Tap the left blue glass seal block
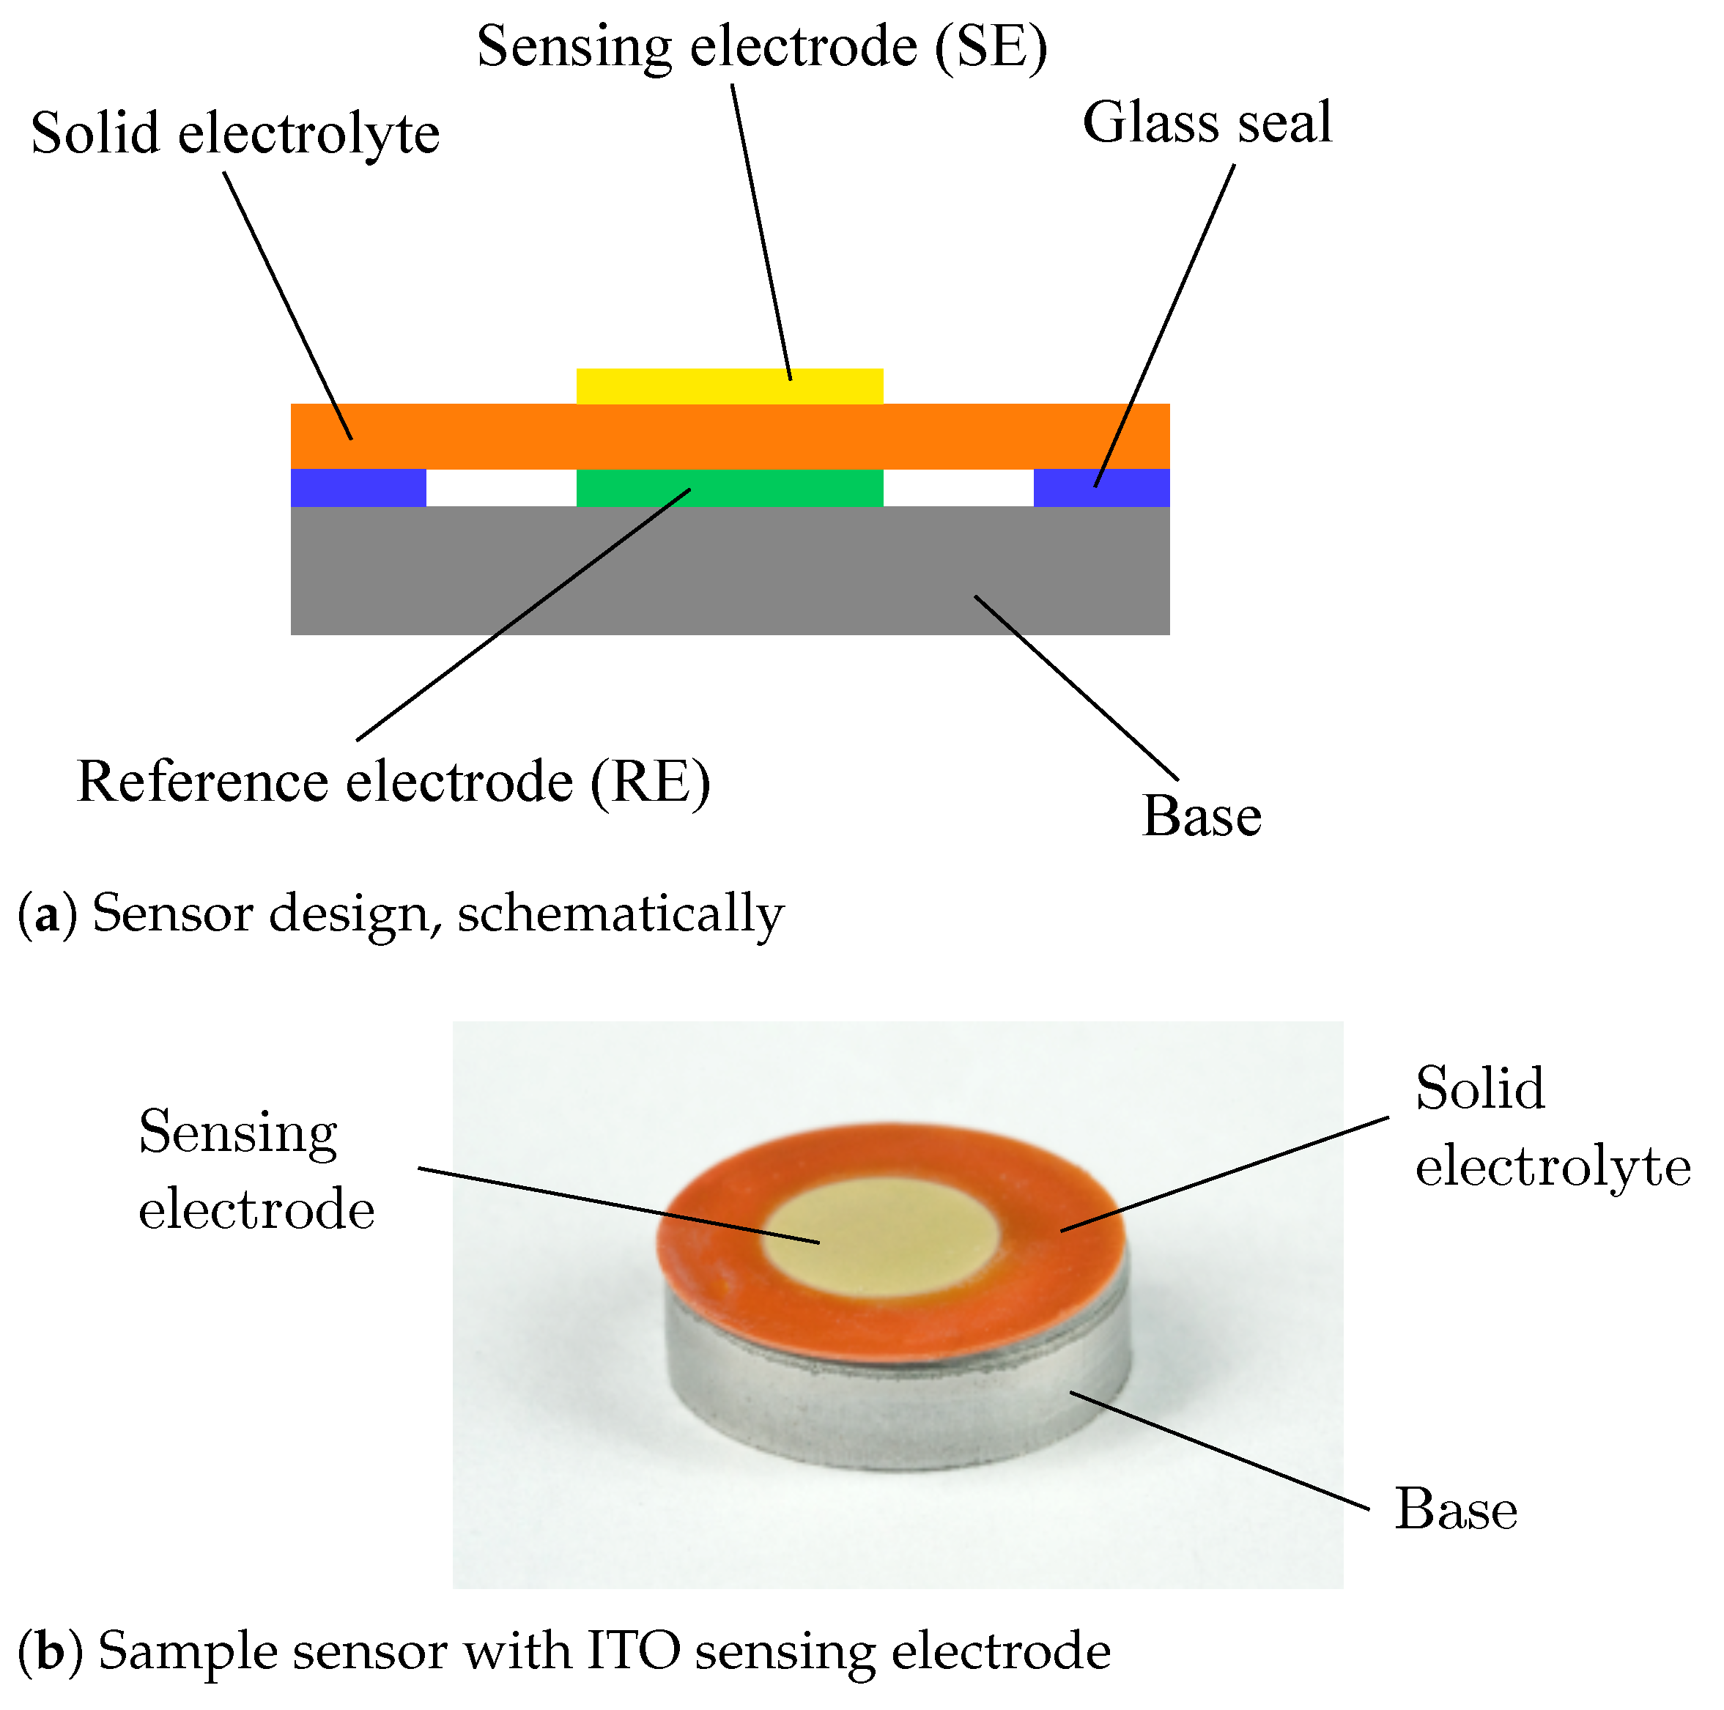(358, 487)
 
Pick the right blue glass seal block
(1133, 487)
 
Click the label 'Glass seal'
(1207, 122)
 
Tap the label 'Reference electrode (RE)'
(393, 782)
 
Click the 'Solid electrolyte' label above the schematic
(234, 134)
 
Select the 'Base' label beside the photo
(1455, 1509)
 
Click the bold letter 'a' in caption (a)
(46, 916)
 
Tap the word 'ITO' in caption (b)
(634, 1650)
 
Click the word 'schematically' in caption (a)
(620, 916)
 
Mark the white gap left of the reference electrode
(500, 487)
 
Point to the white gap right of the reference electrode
(958, 487)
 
